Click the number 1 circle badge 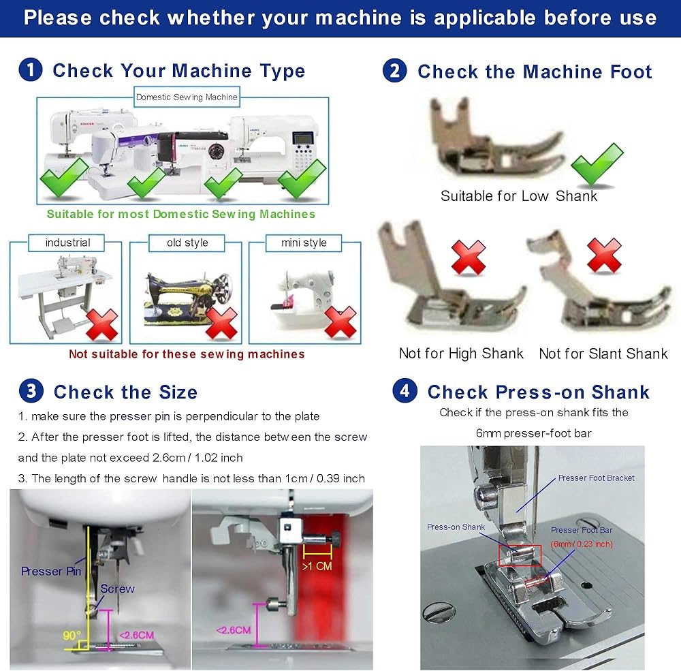pyautogui.click(x=31, y=70)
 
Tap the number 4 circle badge pyautogui.click(x=405, y=390)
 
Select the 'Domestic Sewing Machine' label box pyautogui.click(x=187, y=97)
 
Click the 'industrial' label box pyautogui.click(x=67, y=243)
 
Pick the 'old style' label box pyautogui.click(x=187, y=243)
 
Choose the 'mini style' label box pyautogui.click(x=304, y=243)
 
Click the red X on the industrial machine pyautogui.click(x=102, y=325)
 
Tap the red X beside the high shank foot pyautogui.click(x=469, y=258)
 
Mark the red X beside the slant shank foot pyautogui.click(x=603, y=255)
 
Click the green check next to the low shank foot pyautogui.click(x=598, y=164)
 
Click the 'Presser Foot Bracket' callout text pyautogui.click(x=596, y=478)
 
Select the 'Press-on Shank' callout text pyautogui.click(x=456, y=527)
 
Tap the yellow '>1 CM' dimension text pyautogui.click(x=317, y=566)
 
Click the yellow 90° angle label pyautogui.click(x=72, y=636)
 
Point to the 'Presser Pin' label pyautogui.click(x=51, y=571)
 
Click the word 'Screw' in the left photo pyautogui.click(x=117, y=589)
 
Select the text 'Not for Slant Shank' pyautogui.click(x=603, y=354)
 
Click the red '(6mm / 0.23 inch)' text pyautogui.click(x=582, y=544)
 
